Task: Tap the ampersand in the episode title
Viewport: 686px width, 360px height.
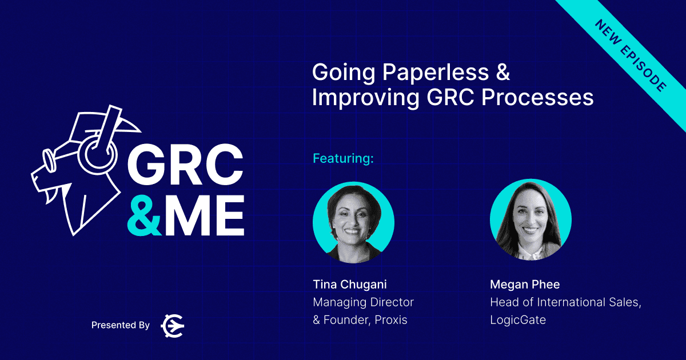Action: tap(503, 72)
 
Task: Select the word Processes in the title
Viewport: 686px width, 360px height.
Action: tap(537, 97)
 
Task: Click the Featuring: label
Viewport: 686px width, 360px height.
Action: tap(343, 158)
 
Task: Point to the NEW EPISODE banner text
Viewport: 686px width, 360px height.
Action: tap(631, 55)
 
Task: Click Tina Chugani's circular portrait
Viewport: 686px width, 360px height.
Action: tap(353, 222)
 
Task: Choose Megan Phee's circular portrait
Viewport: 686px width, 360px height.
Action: tap(531, 220)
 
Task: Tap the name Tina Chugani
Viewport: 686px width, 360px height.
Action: tap(350, 285)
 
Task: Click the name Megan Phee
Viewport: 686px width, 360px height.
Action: tap(525, 285)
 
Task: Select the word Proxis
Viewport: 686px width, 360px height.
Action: tap(391, 320)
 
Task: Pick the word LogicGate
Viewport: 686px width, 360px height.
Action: tap(518, 320)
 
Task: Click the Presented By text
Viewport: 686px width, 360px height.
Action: tap(121, 325)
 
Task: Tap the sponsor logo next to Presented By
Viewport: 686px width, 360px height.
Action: tap(173, 326)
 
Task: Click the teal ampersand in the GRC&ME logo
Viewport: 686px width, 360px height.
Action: tap(144, 215)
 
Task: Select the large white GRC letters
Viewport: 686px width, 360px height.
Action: tap(186, 165)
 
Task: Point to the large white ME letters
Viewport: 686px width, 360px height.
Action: tap(205, 215)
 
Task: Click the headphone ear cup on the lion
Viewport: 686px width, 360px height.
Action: tap(97, 154)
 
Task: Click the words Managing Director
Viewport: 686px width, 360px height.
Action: tap(363, 302)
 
